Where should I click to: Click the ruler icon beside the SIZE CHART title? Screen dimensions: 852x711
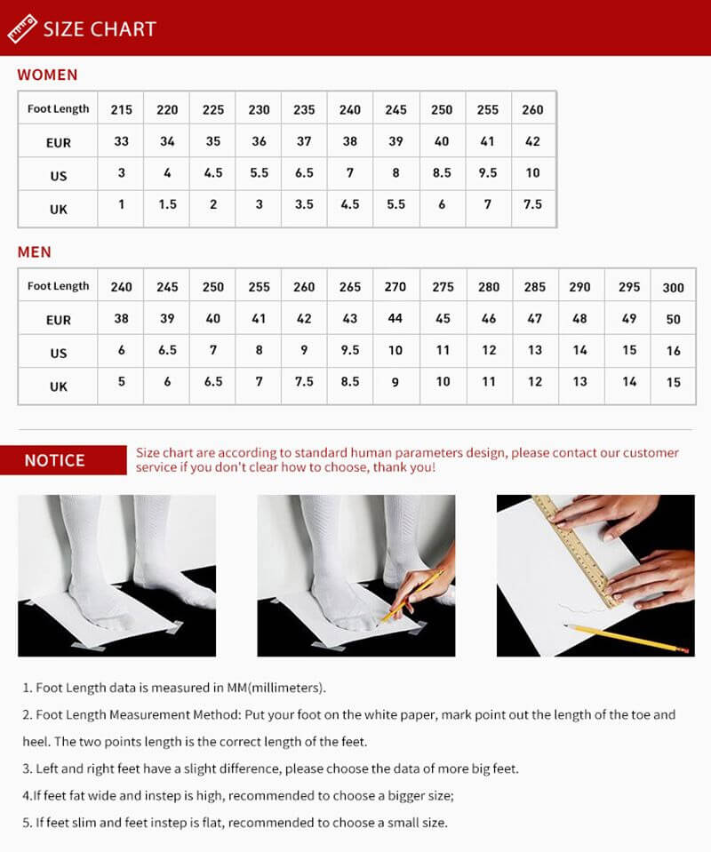(21, 28)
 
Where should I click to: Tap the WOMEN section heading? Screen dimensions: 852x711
(47, 75)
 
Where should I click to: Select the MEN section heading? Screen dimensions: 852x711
(35, 252)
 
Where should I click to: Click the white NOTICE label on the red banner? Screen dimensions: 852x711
(54, 460)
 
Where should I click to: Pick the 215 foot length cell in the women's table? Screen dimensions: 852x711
(122, 109)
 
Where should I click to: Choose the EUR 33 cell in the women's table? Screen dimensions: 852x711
(122, 141)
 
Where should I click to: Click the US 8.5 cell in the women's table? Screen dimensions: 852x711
(442, 173)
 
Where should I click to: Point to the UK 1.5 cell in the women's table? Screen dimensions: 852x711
(167, 204)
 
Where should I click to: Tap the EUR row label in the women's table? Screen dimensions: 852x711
(59, 142)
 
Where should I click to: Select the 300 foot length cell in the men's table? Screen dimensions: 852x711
(674, 288)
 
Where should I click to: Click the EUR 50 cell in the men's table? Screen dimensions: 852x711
(674, 319)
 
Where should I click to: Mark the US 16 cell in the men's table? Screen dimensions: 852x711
(674, 351)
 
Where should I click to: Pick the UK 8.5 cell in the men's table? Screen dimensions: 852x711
(350, 382)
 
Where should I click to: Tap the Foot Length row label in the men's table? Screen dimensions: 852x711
(59, 286)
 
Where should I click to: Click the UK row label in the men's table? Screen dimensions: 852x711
(59, 386)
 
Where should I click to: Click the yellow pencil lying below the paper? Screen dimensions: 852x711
(627, 638)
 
